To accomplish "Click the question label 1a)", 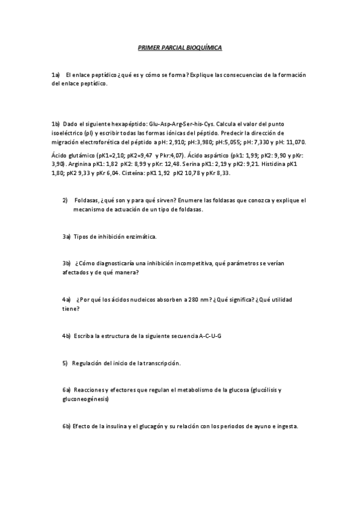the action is pos(56,75).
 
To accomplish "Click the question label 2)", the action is pos(66,200).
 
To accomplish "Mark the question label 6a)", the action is pos(66,390).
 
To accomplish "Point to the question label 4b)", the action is pos(66,336).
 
